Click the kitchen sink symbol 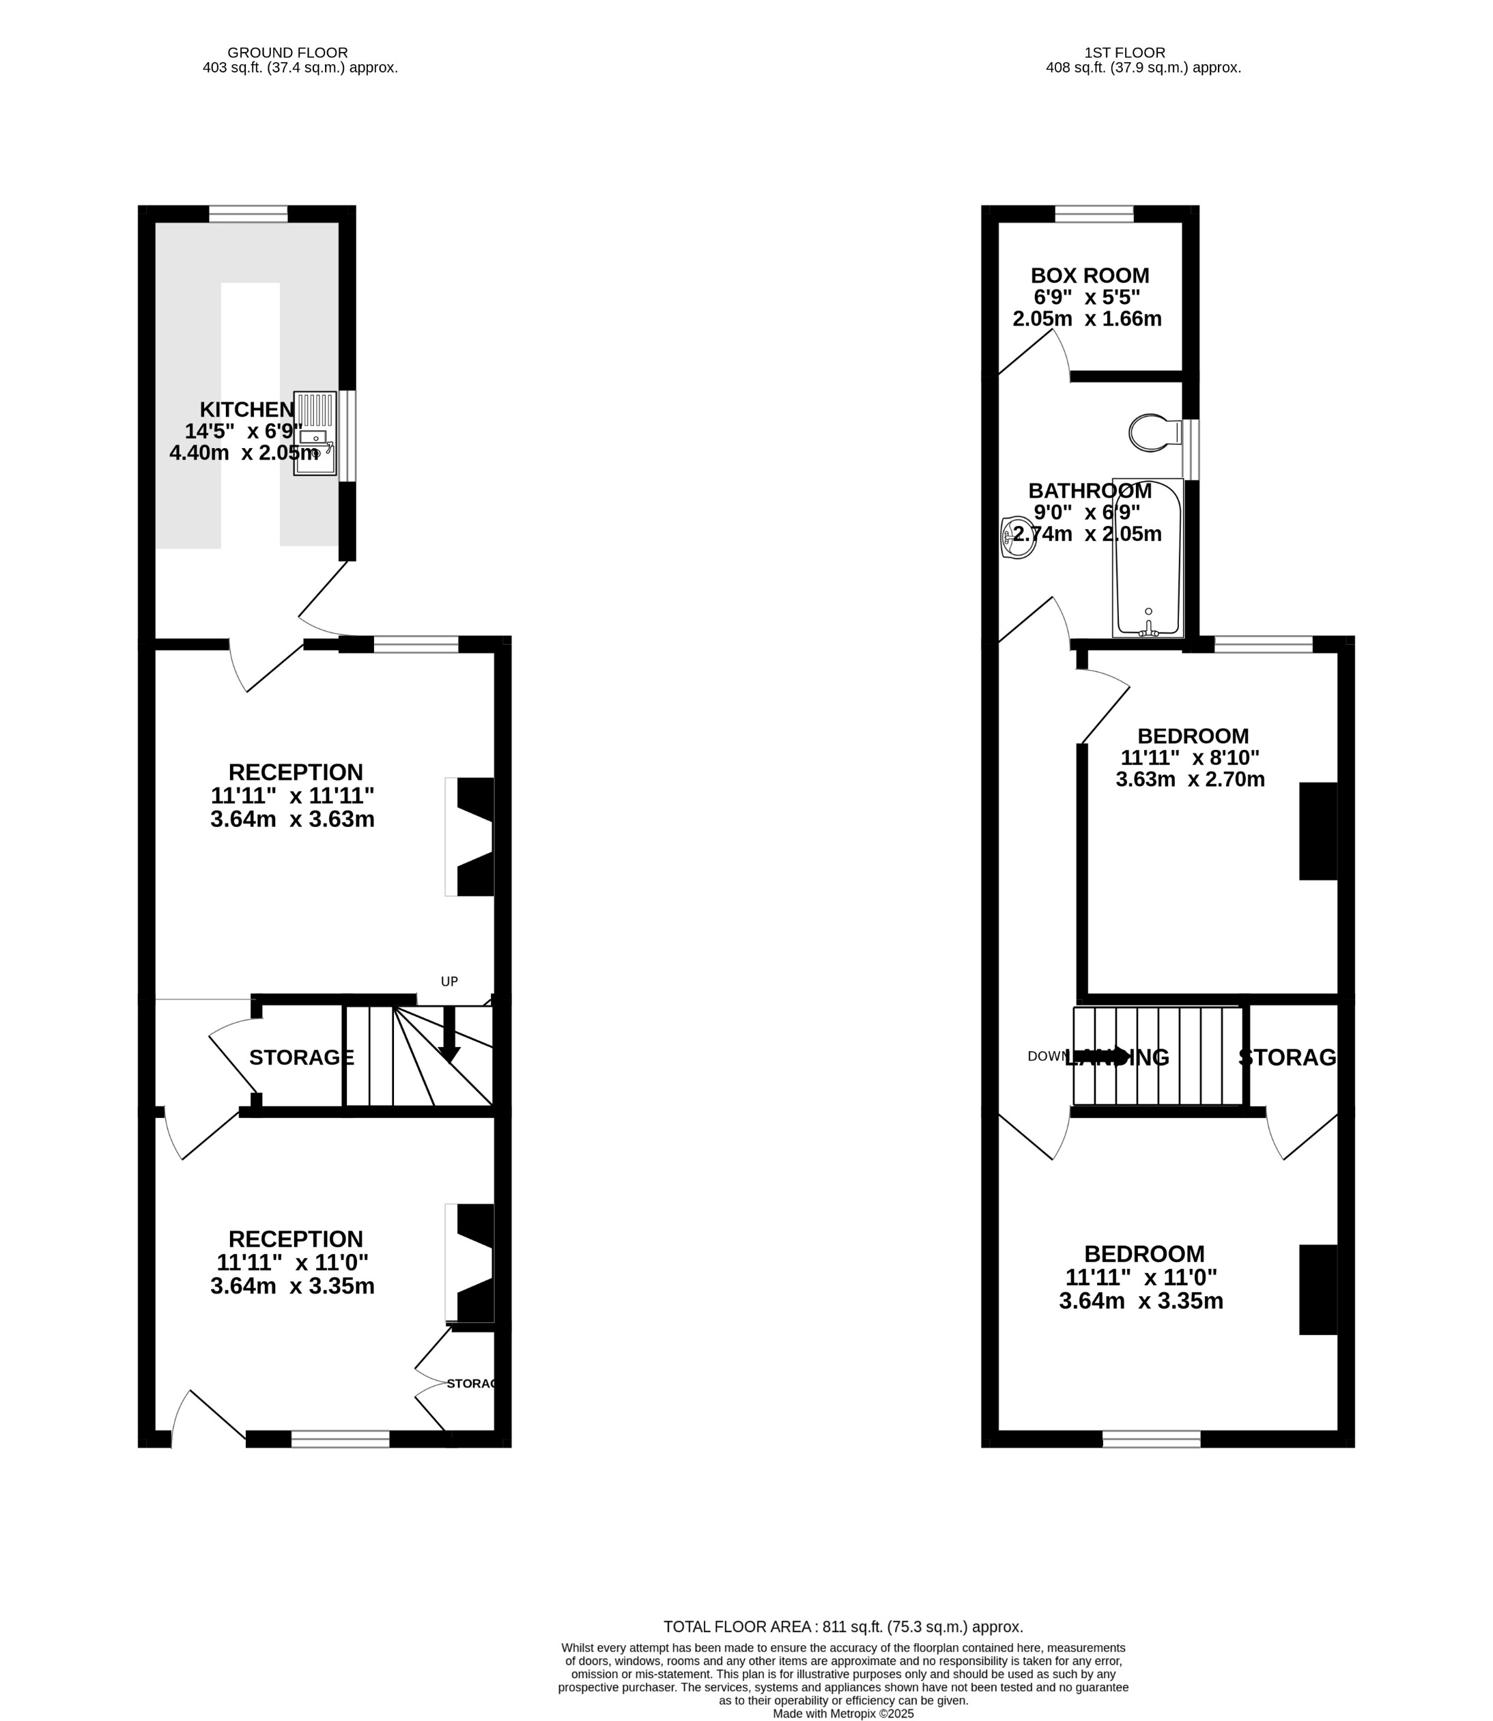click(315, 434)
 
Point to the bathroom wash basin click(1017, 537)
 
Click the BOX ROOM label click(1089, 275)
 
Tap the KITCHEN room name click(246, 409)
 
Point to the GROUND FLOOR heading click(287, 53)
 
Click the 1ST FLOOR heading click(1125, 53)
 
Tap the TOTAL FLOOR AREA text click(842, 1626)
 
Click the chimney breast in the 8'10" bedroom click(1318, 831)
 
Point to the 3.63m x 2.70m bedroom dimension click(1190, 779)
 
